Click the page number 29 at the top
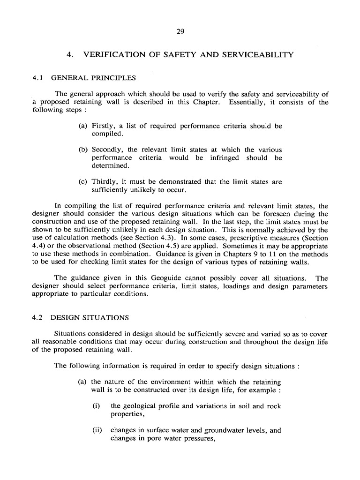[180, 32]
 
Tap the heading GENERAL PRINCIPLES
[93, 77]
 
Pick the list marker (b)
[83, 150]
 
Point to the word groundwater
[210, 429]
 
